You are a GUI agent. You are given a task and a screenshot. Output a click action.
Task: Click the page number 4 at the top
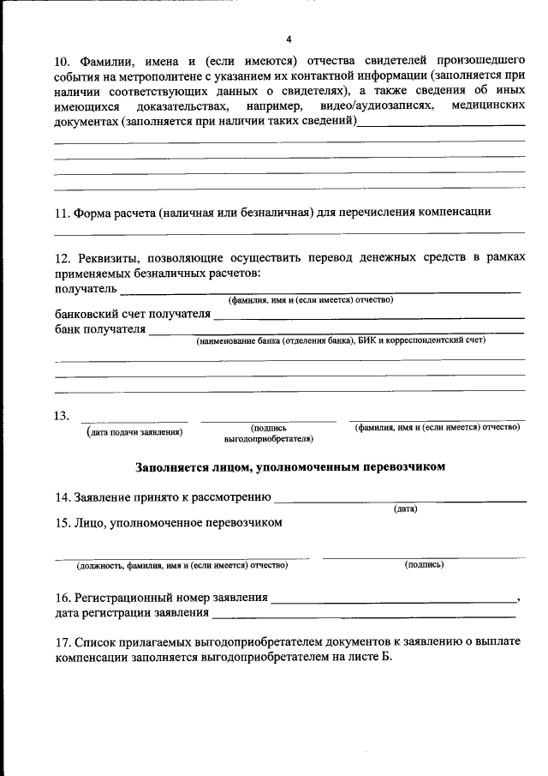point(289,39)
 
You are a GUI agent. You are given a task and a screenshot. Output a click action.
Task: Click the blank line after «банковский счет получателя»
point(368,316)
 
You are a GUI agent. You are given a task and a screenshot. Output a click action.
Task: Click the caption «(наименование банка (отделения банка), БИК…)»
point(341,340)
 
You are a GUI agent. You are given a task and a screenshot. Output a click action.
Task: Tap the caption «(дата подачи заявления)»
point(134,432)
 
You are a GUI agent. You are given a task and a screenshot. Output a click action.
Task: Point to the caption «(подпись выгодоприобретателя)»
point(268,433)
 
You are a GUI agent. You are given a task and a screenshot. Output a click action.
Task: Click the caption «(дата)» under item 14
point(405,508)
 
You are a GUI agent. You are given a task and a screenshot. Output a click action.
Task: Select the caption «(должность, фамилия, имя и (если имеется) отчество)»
point(182,565)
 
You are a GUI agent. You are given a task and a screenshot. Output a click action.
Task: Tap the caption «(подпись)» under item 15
point(424,564)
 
